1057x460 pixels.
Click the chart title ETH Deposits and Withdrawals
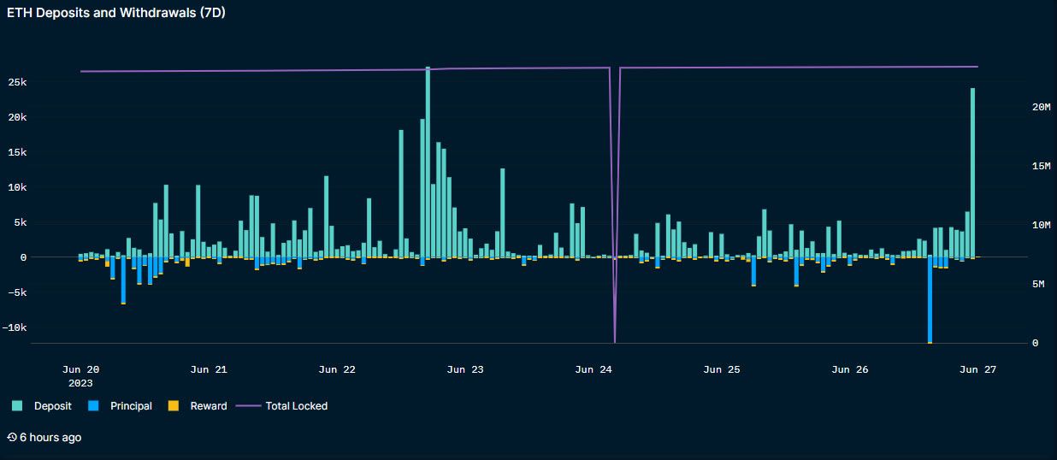[x=116, y=13]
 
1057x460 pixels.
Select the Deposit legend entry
[x=52, y=406]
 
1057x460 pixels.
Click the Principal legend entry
[x=130, y=406]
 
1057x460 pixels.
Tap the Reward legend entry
[x=208, y=406]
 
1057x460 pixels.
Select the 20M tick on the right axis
[x=1041, y=107]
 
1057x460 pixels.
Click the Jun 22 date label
[x=337, y=370]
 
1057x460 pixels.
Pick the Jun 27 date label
[x=978, y=370]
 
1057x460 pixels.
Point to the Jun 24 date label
[x=593, y=370]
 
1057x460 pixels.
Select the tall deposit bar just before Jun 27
[x=972, y=171]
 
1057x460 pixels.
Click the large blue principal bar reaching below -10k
[x=930, y=299]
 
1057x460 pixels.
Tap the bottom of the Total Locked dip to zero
[x=614, y=341]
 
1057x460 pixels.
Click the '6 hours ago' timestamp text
[x=50, y=438]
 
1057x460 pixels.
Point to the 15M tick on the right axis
[x=1040, y=166]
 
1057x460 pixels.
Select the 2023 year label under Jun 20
[x=80, y=384]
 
